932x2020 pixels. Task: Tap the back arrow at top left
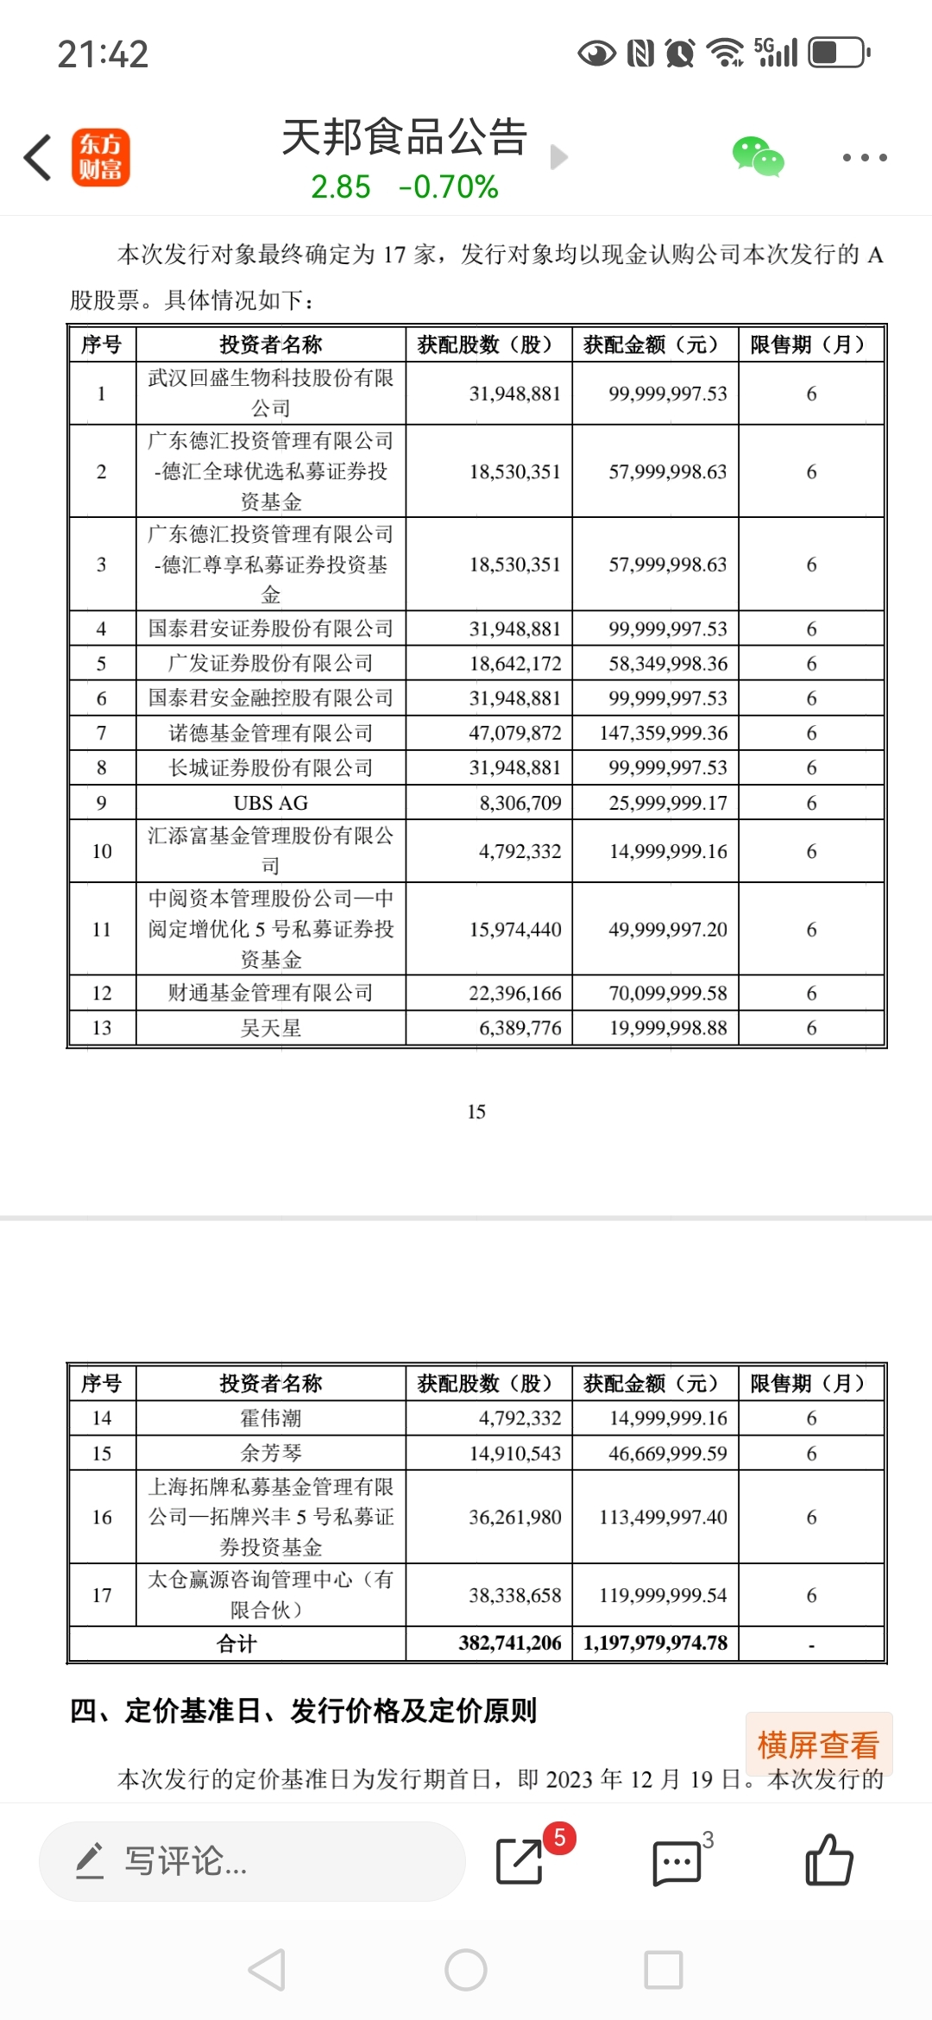[x=38, y=157]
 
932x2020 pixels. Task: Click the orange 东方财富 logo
[x=101, y=157]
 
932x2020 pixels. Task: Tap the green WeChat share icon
[x=758, y=157]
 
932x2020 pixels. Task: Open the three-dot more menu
[x=864, y=157]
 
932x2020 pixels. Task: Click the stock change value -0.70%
[x=449, y=186]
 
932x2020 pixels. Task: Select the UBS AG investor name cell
[x=270, y=803]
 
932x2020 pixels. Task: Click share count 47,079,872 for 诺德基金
[x=515, y=733]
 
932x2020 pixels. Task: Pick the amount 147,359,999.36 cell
[x=664, y=733]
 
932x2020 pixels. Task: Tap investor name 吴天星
[x=270, y=1028]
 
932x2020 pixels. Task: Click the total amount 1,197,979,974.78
[x=656, y=1643]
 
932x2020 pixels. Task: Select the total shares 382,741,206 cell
[x=510, y=1643]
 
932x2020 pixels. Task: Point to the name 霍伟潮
[x=270, y=1418]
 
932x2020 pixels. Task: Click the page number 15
[x=476, y=1112]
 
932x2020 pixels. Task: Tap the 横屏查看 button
[x=818, y=1745]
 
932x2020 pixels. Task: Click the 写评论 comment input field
[x=252, y=1861]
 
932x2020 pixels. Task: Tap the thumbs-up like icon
[x=828, y=1860]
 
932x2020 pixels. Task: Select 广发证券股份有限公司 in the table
[x=270, y=663]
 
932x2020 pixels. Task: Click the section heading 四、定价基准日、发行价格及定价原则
[x=303, y=1711]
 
